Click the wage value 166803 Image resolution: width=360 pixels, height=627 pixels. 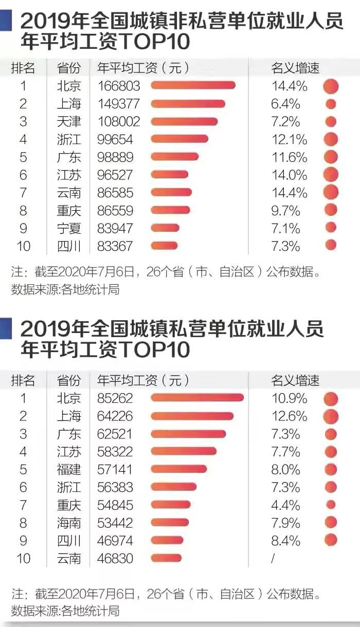coord(119,86)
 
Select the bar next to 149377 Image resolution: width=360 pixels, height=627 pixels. coord(188,104)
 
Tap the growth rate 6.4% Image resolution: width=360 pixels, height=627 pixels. coord(285,104)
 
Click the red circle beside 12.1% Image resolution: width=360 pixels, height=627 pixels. coord(331,139)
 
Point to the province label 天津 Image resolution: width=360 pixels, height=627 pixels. coord(69,121)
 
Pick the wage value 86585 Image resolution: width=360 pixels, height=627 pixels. coord(115,193)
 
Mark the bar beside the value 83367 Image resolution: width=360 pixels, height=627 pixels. coord(164,246)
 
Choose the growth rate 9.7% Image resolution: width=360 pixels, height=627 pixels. coord(285,211)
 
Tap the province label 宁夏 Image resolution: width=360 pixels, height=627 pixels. coord(69,228)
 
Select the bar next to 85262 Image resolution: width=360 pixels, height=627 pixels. coord(197,397)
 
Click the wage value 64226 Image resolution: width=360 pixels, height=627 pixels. coord(115,416)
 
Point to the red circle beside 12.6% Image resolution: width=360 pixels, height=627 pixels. coord(331,416)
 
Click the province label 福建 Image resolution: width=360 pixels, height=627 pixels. coord(69,469)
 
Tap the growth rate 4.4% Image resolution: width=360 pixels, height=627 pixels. coord(285,505)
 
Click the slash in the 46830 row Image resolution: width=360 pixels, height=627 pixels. coord(273,559)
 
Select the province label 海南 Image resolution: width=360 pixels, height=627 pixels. coord(69,523)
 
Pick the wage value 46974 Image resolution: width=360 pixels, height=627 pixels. coord(115,541)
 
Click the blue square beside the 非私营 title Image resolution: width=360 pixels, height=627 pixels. coord(6,20)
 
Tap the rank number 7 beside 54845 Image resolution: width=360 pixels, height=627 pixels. coord(23,505)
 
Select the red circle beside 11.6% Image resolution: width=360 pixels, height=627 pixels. coord(331,157)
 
